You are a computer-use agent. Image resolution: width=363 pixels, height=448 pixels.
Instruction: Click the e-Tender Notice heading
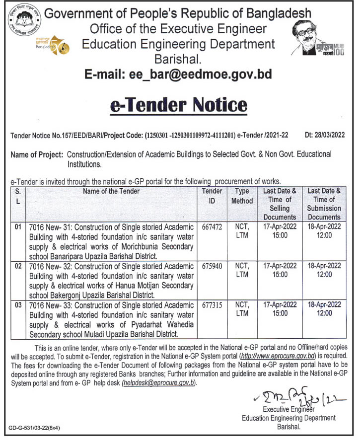pyautogui.click(x=178, y=105)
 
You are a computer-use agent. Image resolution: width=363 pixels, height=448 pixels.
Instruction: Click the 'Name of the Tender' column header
pyautogui.click(x=111, y=191)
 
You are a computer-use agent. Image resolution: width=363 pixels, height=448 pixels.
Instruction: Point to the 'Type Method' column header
pyautogui.click(x=242, y=196)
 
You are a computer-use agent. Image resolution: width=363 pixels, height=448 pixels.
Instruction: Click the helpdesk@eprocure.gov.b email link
pyautogui.click(x=159, y=382)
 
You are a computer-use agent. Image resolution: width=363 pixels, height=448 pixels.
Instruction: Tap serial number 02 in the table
pyautogui.click(x=18, y=266)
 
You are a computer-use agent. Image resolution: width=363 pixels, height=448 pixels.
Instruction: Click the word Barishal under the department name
pyautogui.click(x=177, y=59)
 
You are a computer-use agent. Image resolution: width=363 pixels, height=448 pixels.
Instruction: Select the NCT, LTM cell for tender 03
pyautogui.click(x=242, y=308)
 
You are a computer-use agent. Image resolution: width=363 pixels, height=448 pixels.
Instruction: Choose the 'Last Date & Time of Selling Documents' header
pyautogui.click(x=280, y=204)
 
